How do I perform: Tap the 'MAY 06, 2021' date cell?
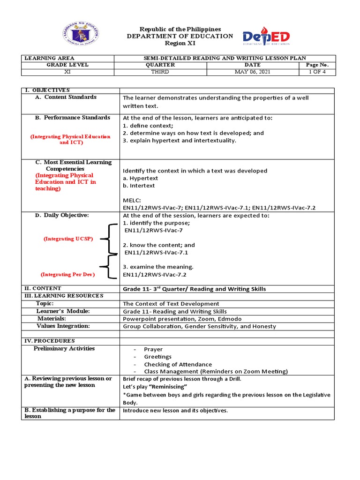(x=252, y=72)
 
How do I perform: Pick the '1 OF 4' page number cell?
(x=317, y=72)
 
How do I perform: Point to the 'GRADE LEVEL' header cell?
(x=70, y=65)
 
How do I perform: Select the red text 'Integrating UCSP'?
(x=68, y=239)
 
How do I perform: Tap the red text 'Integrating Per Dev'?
(x=67, y=274)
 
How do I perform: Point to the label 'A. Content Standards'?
(x=70, y=97)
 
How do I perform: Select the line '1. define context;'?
(x=148, y=126)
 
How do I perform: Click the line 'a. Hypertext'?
(x=141, y=178)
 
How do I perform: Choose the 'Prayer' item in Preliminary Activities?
(x=153, y=349)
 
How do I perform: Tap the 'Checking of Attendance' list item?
(x=178, y=364)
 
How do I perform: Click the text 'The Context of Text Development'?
(x=171, y=304)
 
